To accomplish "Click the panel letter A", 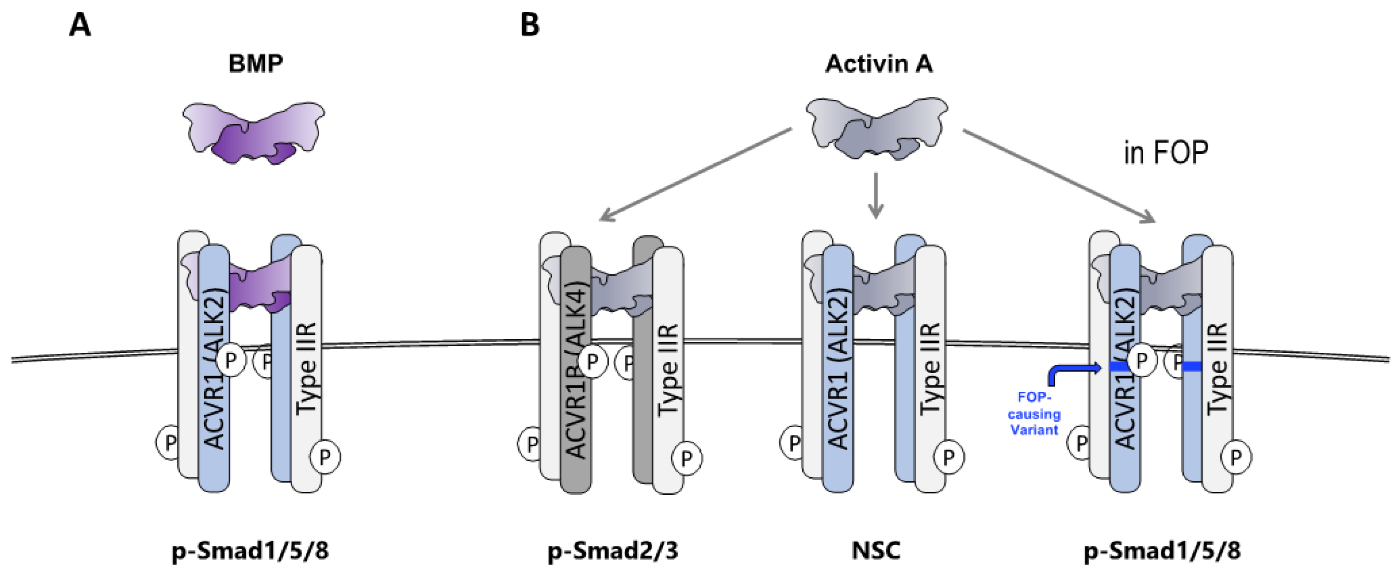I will [x=80, y=25].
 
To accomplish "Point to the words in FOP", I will [x=1165, y=153].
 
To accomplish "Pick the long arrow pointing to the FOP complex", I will [x=1059, y=175].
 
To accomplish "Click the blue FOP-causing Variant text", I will [x=1034, y=414].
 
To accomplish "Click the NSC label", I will [x=876, y=551].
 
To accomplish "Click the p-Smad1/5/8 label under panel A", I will [x=250, y=551].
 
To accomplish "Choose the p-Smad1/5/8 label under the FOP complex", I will [x=1162, y=551].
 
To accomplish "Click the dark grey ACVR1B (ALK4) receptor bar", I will [x=576, y=412].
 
